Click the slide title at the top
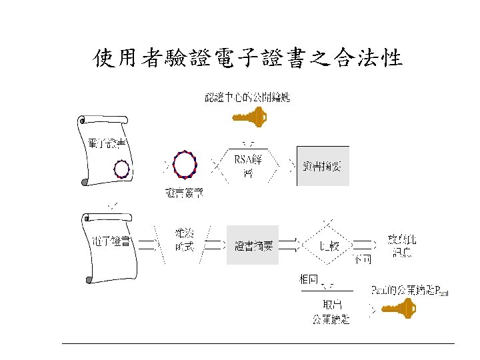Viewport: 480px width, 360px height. pyautogui.click(x=247, y=59)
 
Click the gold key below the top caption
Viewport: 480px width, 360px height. pyautogui.click(x=249, y=119)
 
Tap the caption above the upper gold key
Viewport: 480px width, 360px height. pyautogui.click(x=247, y=99)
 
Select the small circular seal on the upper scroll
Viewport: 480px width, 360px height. pyautogui.click(x=121, y=169)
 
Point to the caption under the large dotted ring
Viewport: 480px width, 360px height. pyautogui.click(x=184, y=193)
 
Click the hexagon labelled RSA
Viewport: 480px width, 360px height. pyautogui.click(x=247, y=165)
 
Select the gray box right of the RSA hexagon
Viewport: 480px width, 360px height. pyautogui.click(x=323, y=165)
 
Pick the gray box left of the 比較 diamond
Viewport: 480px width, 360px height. pyautogui.click(x=253, y=245)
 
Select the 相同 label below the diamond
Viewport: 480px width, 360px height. pyautogui.click(x=309, y=279)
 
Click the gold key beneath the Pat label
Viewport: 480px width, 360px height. pyautogui.click(x=399, y=309)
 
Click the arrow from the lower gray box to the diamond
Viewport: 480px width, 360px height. pyautogui.click(x=290, y=245)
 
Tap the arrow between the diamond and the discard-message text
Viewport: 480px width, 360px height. pyautogui.click(x=369, y=245)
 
